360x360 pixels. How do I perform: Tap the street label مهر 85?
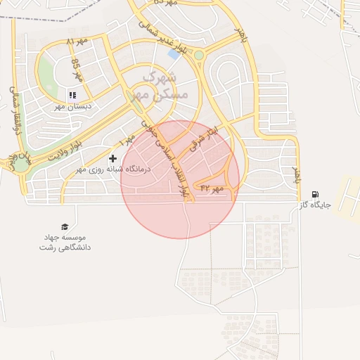coord(77,68)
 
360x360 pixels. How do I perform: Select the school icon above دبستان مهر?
coord(72,95)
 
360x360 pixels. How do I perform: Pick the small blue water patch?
coord(173,54)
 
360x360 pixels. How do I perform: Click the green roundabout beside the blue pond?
coord(199,55)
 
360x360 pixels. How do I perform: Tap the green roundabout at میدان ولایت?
coord(21,164)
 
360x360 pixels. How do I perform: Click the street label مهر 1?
coord(126,141)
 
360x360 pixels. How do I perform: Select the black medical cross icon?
coord(112,158)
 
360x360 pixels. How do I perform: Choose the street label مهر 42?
coord(211,188)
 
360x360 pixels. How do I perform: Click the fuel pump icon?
coord(314,194)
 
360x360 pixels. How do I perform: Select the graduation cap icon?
coord(65,226)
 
